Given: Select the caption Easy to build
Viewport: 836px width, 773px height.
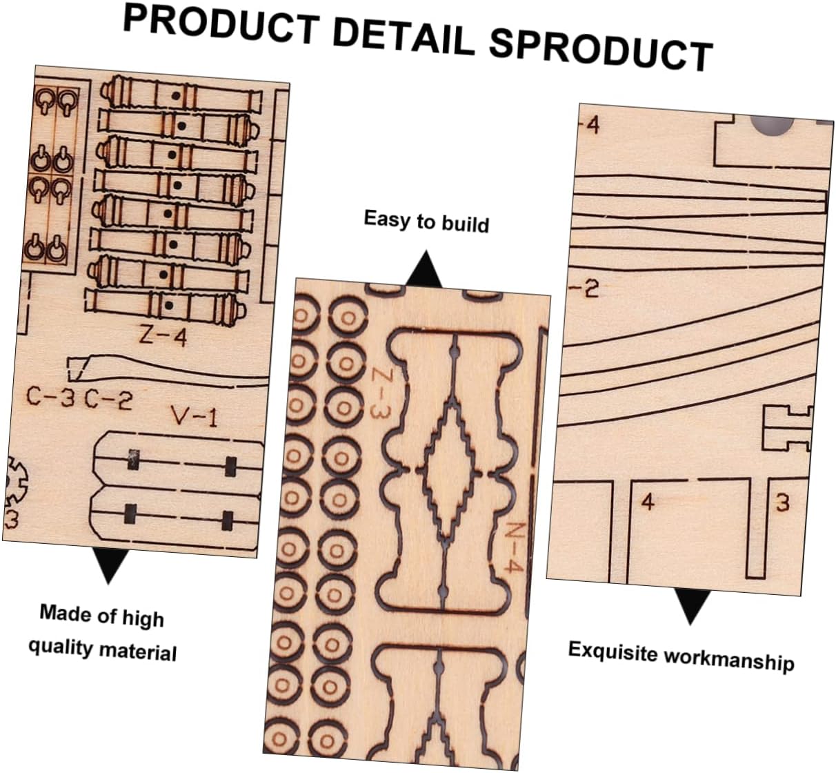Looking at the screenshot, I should [x=426, y=222].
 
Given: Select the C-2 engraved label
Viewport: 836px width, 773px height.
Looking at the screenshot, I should [x=108, y=399].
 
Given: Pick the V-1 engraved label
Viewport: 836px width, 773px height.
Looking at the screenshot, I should [x=194, y=416].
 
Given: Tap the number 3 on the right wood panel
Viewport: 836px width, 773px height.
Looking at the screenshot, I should [x=782, y=502].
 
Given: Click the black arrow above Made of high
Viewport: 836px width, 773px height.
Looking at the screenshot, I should [x=109, y=565].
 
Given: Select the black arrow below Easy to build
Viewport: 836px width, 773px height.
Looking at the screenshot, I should [x=424, y=269].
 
